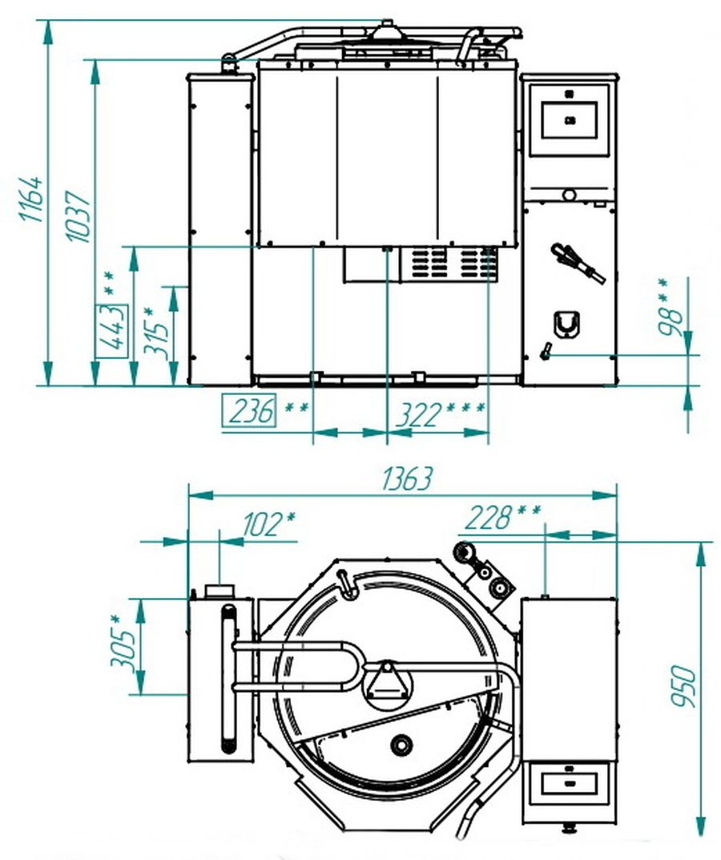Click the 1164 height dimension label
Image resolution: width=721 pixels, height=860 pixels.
pyautogui.click(x=31, y=199)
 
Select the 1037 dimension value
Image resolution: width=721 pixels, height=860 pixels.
pyautogui.click(x=78, y=216)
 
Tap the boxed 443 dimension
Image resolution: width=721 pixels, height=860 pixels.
pyautogui.click(x=112, y=331)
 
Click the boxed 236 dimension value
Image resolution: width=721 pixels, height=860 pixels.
pyautogui.click(x=249, y=410)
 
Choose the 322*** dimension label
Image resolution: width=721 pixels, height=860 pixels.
pyautogui.click(x=441, y=414)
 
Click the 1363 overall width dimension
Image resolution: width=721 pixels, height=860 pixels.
pyautogui.click(x=407, y=478)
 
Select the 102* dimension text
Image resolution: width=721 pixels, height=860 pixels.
pyautogui.click(x=268, y=524)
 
